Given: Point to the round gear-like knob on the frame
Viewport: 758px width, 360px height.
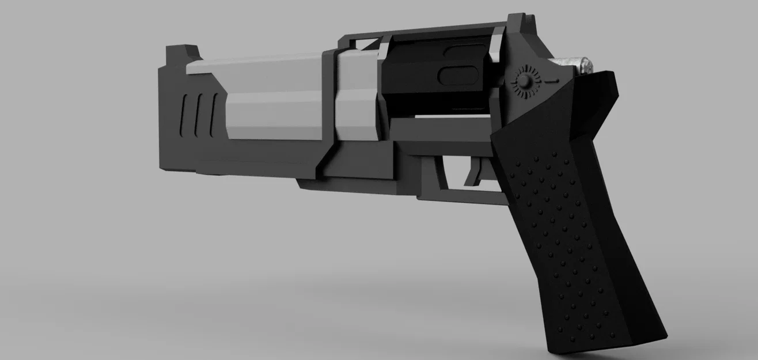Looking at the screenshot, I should [x=525, y=82].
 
